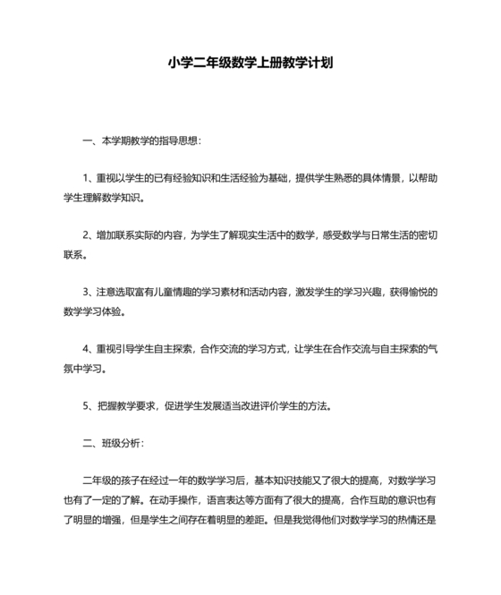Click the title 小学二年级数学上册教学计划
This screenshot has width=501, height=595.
(x=250, y=64)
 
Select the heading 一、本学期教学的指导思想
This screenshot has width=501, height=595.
(x=141, y=141)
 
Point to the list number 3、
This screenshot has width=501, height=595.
(x=88, y=293)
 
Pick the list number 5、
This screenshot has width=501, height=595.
(x=88, y=405)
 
